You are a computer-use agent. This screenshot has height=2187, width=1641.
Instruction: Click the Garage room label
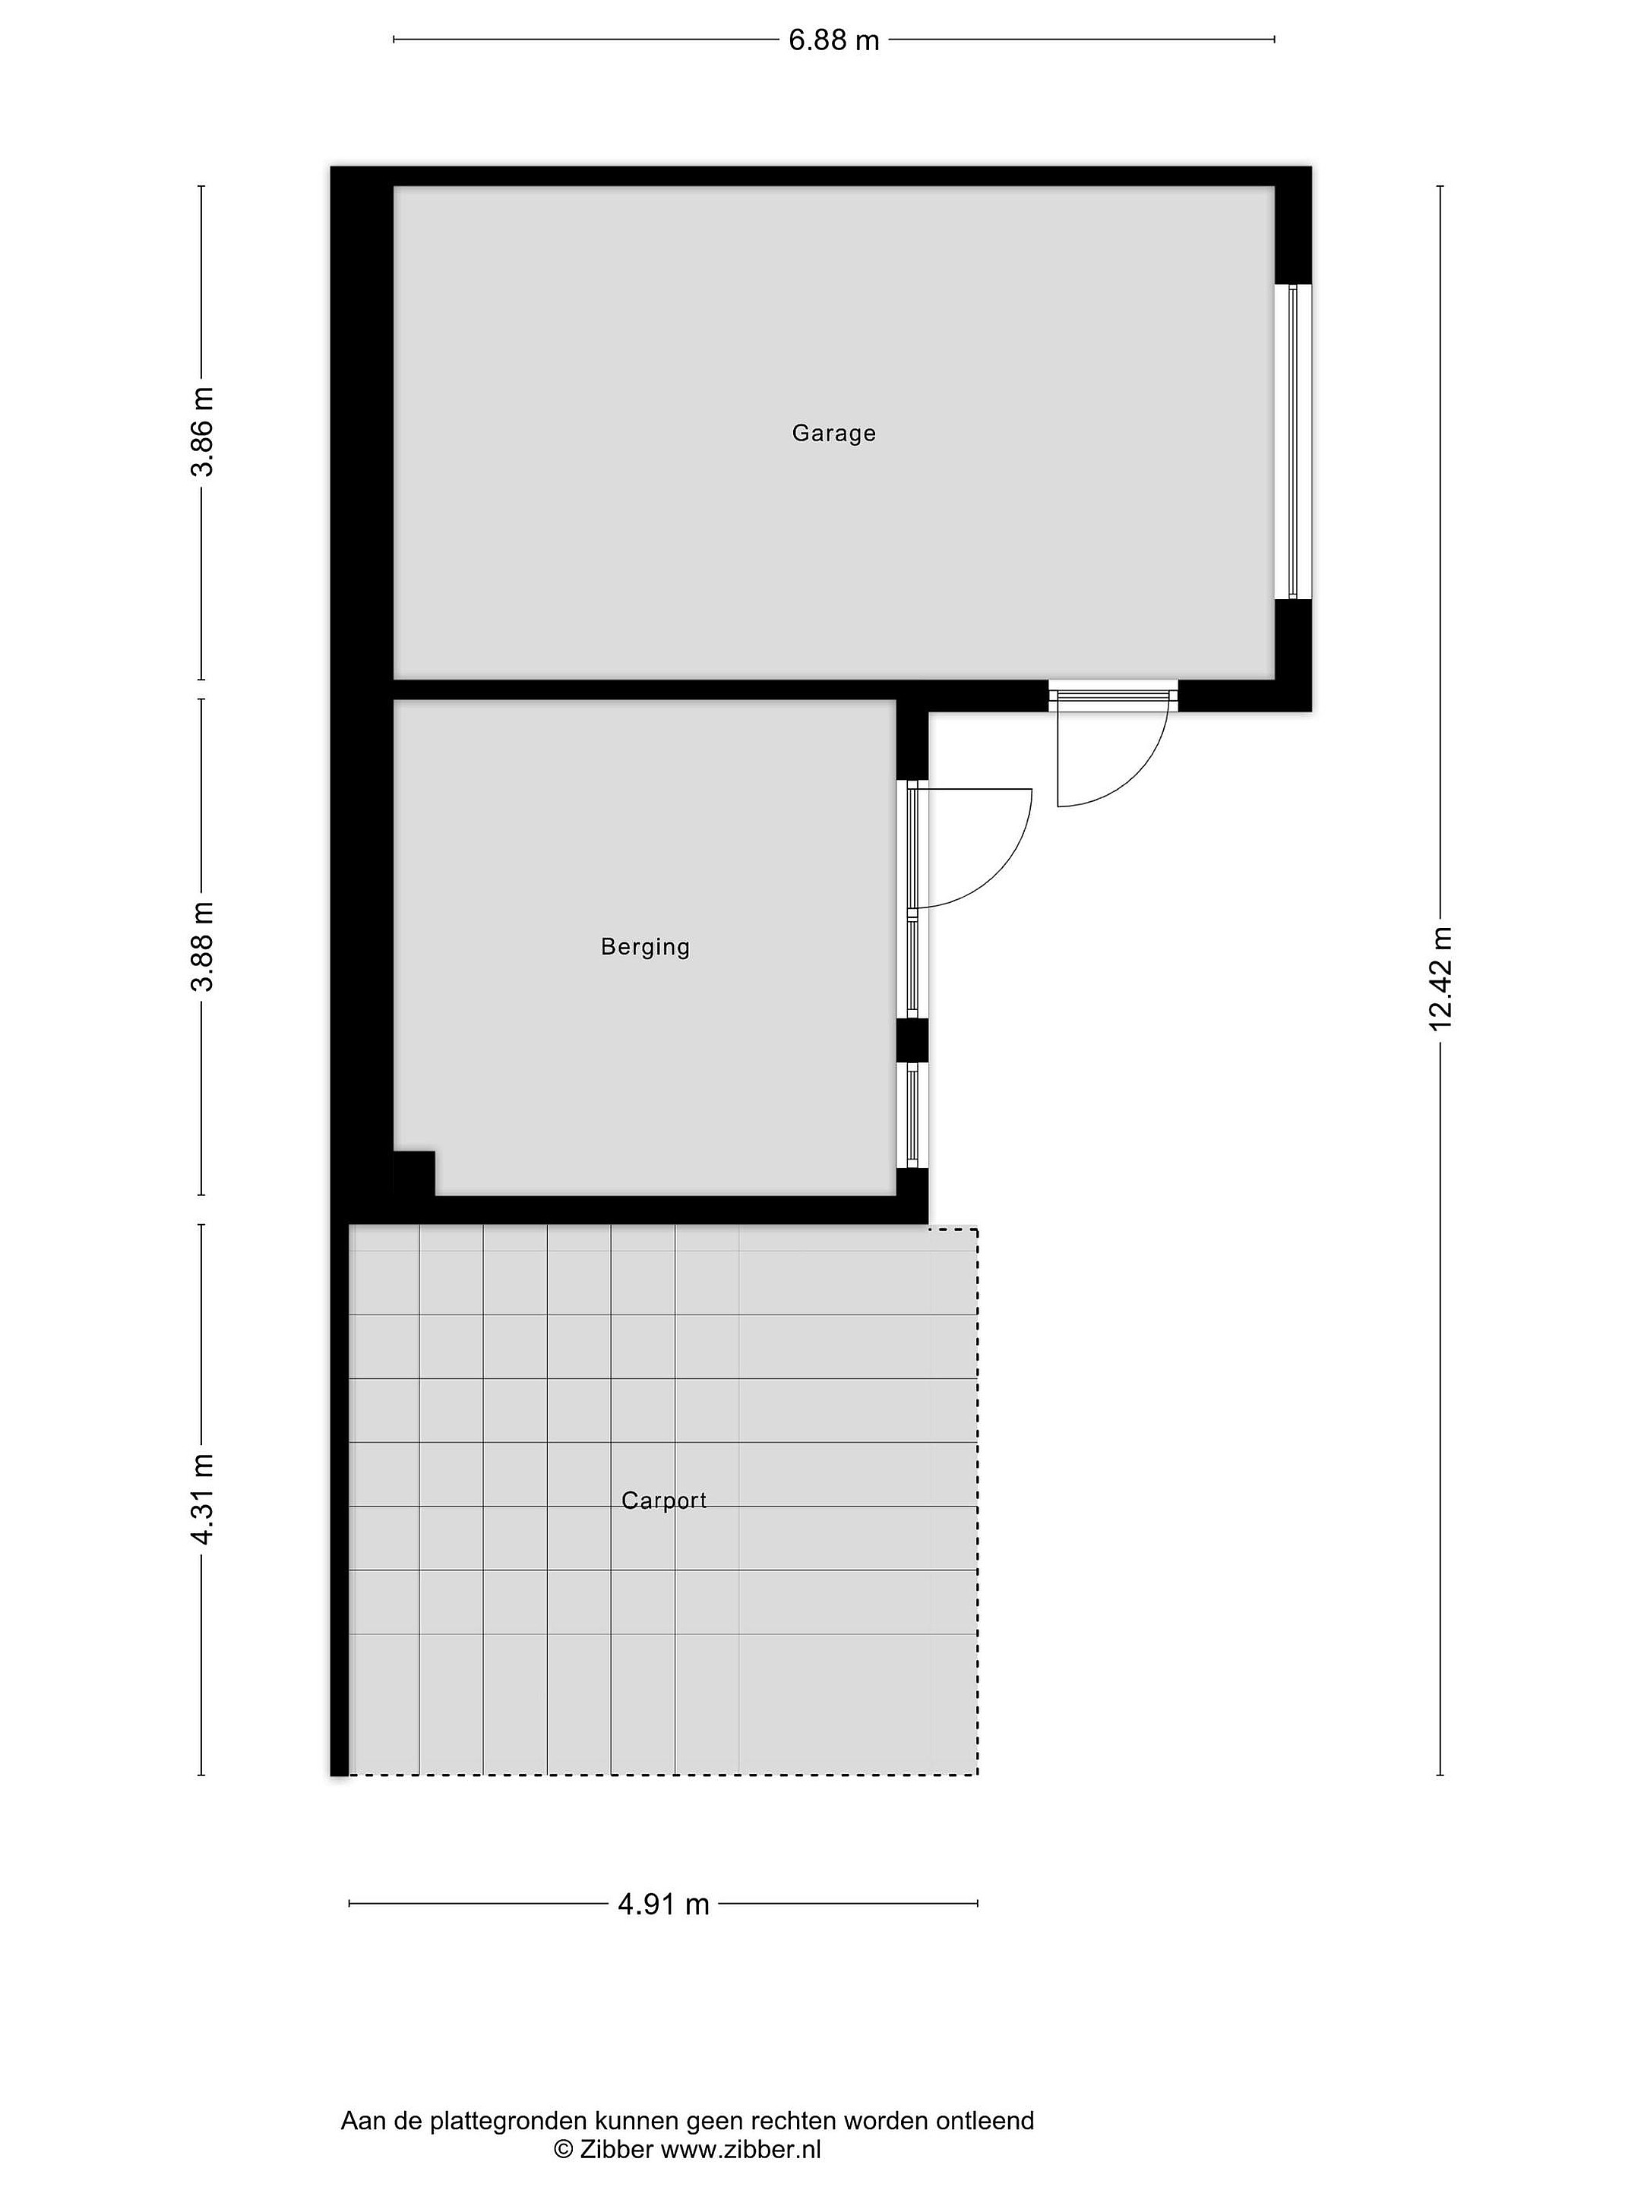834,433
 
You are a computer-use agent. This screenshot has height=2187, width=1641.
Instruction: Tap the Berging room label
645,947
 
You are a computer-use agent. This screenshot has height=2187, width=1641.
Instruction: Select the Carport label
664,1501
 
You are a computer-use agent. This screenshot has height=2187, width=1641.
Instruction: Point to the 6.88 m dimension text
834,40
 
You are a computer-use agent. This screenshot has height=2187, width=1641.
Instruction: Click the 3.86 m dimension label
203,432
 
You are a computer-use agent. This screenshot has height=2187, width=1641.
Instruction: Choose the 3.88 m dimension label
203,946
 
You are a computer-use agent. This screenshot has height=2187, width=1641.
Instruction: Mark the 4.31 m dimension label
203,1499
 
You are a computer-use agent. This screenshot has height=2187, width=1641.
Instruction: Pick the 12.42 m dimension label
1440,979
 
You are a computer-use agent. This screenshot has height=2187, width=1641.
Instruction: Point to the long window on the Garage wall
1293,442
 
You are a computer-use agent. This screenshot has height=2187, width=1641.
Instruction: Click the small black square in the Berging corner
415,1173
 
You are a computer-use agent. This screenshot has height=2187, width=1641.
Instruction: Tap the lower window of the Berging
912,1116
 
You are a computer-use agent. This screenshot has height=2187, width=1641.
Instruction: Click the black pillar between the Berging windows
912,1040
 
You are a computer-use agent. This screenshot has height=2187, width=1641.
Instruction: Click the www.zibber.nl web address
741,2150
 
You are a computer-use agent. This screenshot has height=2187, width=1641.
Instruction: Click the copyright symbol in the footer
564,2150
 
